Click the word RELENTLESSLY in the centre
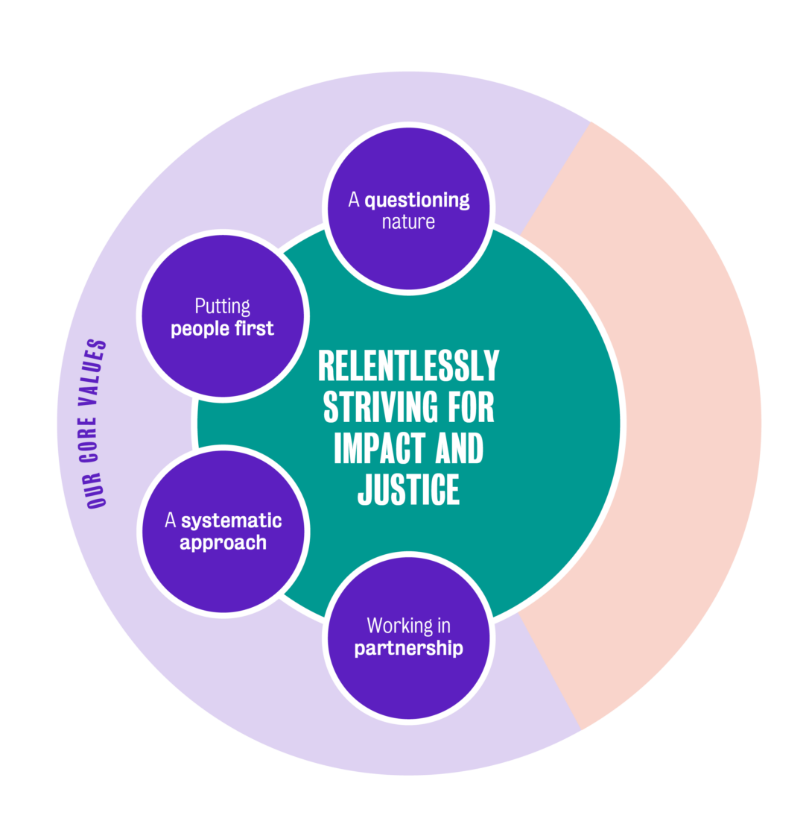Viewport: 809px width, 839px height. click(x=408, y=367)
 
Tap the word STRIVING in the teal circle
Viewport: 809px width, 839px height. click(x=370, y=408)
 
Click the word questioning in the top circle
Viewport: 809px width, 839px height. click(x=417, y=200)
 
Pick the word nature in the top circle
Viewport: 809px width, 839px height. click(x=408, y=221)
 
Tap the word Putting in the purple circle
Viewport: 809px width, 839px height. click(x=222, y=306)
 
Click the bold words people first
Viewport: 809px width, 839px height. click(x=222, y=328)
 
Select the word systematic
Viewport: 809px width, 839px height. click(x=232, y=521)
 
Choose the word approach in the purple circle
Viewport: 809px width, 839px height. click(x=223, y=542)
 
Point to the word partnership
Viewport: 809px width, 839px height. click(x=408, y=648)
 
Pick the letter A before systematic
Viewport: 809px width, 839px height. click(x=171, y=521)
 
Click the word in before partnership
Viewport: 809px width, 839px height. click(x=444, y=625)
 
